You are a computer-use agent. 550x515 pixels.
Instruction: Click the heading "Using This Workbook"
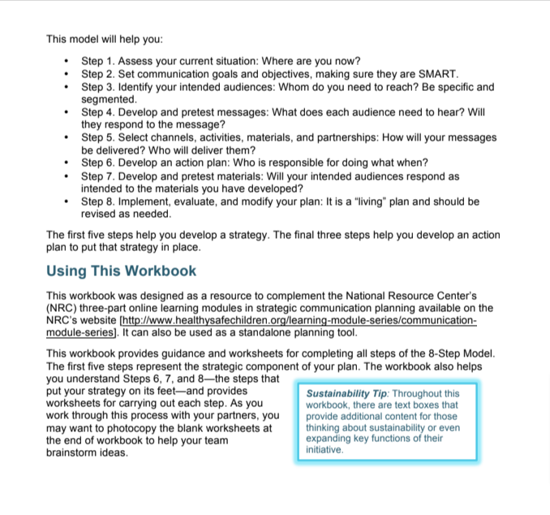pyautogui.click(x=121, y=270)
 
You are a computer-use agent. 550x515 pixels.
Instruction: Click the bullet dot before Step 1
pyautogui.click(x=65, y=62)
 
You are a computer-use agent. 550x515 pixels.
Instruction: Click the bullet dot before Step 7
pyautogui.click(x=65, y=176)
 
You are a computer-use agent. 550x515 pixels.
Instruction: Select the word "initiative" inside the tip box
pyautogui.click(x=324, y=449)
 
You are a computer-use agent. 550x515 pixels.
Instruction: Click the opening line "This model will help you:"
pyautogui.click(x=105, y=38)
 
